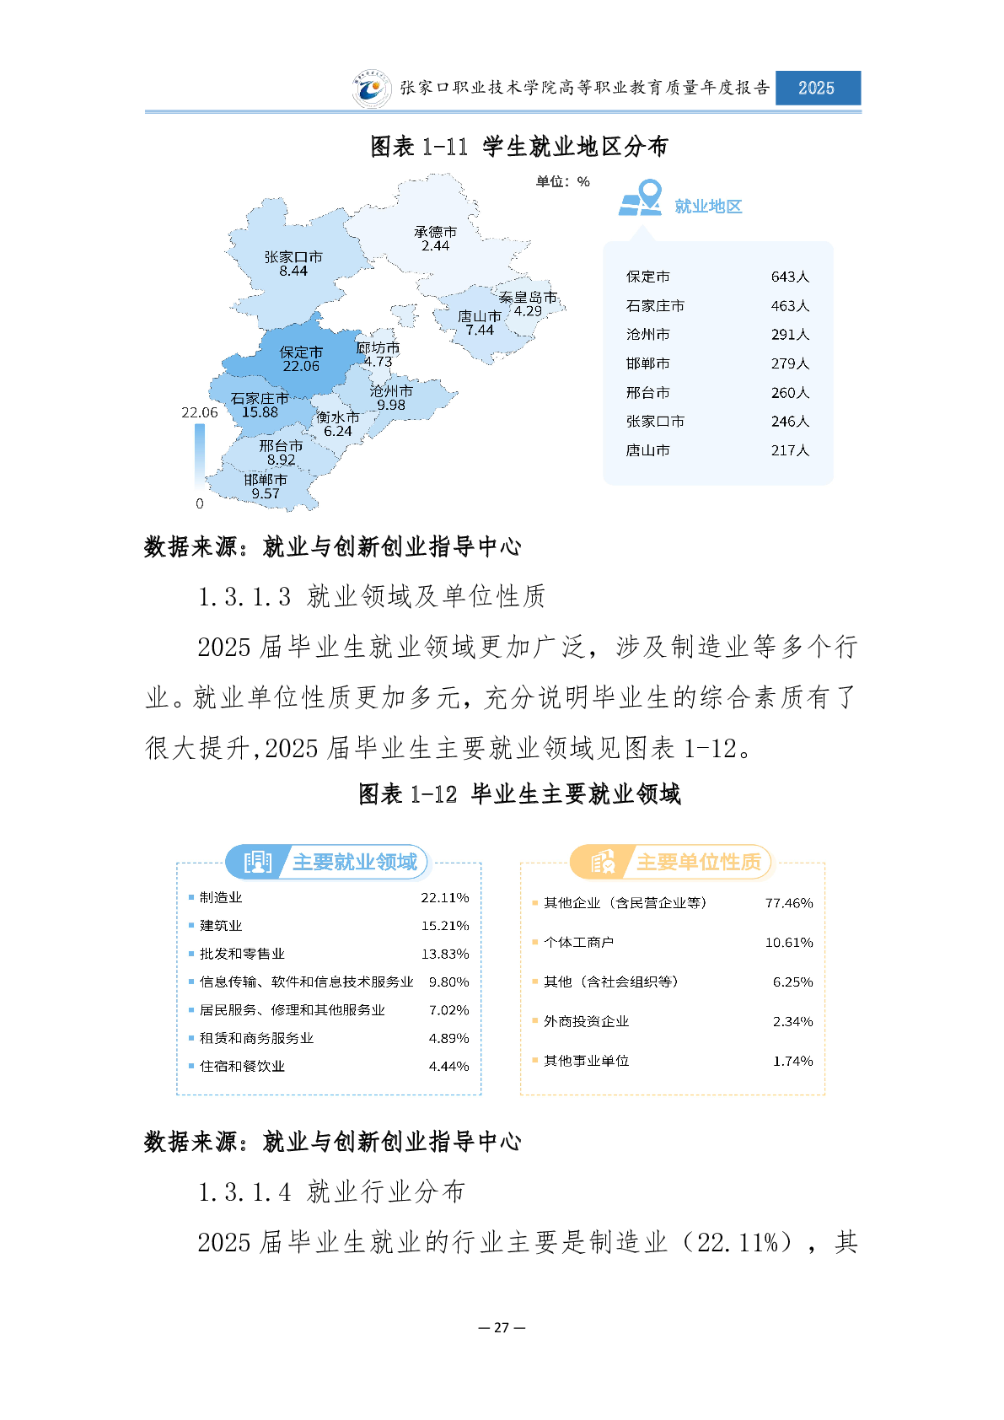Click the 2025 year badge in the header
pyautogui.click(x=817, y=88)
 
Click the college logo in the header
pyautogui.click(x=371, y=89)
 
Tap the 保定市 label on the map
pyautogui.click(x=301, y=352)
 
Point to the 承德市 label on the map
pyautogui.click(x=435, y=232)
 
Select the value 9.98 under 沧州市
pyautogui.click(x=391, y=405)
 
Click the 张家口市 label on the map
pyautogui.click(x=293, y=257)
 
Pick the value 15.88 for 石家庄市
pyautogui.click(x=260, y=412)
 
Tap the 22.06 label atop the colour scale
pyautogui.click(x=199, y=412)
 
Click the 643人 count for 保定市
pyautogui.click(x=790, y=277)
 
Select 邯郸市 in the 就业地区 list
pyautogui.click(x=647, y=363)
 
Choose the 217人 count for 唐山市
pyautogui.click(x=790, y=450)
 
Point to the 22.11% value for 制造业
pyautogui.click(x=444, y=897)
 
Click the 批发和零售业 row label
pyautogui.click(x=242, y=954)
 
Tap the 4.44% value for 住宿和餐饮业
pyautogui.click(x=448, y=1066)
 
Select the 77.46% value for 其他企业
pyautogui.click(x=789, y=903)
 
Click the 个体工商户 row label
pyautogui.click(x=578, y=942)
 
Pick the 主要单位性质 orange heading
pyautogui.click(x=698, y=862)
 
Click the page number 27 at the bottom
pyautogui.click(x=502, y=1327)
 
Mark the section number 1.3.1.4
pyautogui.click(x=244, y=1191)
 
